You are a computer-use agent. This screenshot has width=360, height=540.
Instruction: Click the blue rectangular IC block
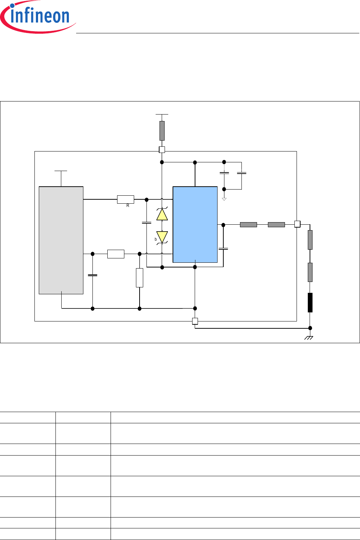tap(195, 224)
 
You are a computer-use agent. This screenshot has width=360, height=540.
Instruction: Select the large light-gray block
tap(61, 240)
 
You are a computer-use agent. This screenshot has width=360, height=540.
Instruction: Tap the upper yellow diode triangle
tap(162, 215)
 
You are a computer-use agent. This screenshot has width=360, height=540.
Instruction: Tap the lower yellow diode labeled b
tap(162, 237)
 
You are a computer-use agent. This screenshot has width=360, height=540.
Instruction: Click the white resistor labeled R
tap(125, 199)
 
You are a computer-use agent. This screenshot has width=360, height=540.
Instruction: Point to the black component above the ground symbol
tap(310, 303)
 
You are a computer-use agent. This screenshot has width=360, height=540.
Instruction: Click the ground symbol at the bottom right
tap(309, 338)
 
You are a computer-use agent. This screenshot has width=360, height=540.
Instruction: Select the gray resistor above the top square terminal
tap(162, 130)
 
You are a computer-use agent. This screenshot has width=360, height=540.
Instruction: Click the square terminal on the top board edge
tap(162, 150)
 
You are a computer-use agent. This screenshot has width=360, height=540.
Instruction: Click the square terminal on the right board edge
tap(297, 224)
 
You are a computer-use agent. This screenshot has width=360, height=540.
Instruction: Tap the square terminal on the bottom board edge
tap(195, 321)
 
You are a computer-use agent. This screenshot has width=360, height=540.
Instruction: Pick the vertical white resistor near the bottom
tap(140, 278)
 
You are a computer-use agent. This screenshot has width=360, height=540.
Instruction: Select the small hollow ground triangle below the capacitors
tap(224, 199)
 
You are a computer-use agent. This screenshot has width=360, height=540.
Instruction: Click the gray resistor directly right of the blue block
tap(248, 225)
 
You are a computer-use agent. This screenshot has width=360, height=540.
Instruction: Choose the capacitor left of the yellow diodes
tap(146, 223)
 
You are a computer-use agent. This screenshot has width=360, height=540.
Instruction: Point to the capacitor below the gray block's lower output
tap(93, 275)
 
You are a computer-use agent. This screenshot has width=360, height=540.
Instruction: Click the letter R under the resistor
tap(128, 206)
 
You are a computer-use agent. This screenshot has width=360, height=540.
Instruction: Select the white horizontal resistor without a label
tap(116, 254)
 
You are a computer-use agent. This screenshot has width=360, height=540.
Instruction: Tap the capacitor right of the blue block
tap(223, 249)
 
